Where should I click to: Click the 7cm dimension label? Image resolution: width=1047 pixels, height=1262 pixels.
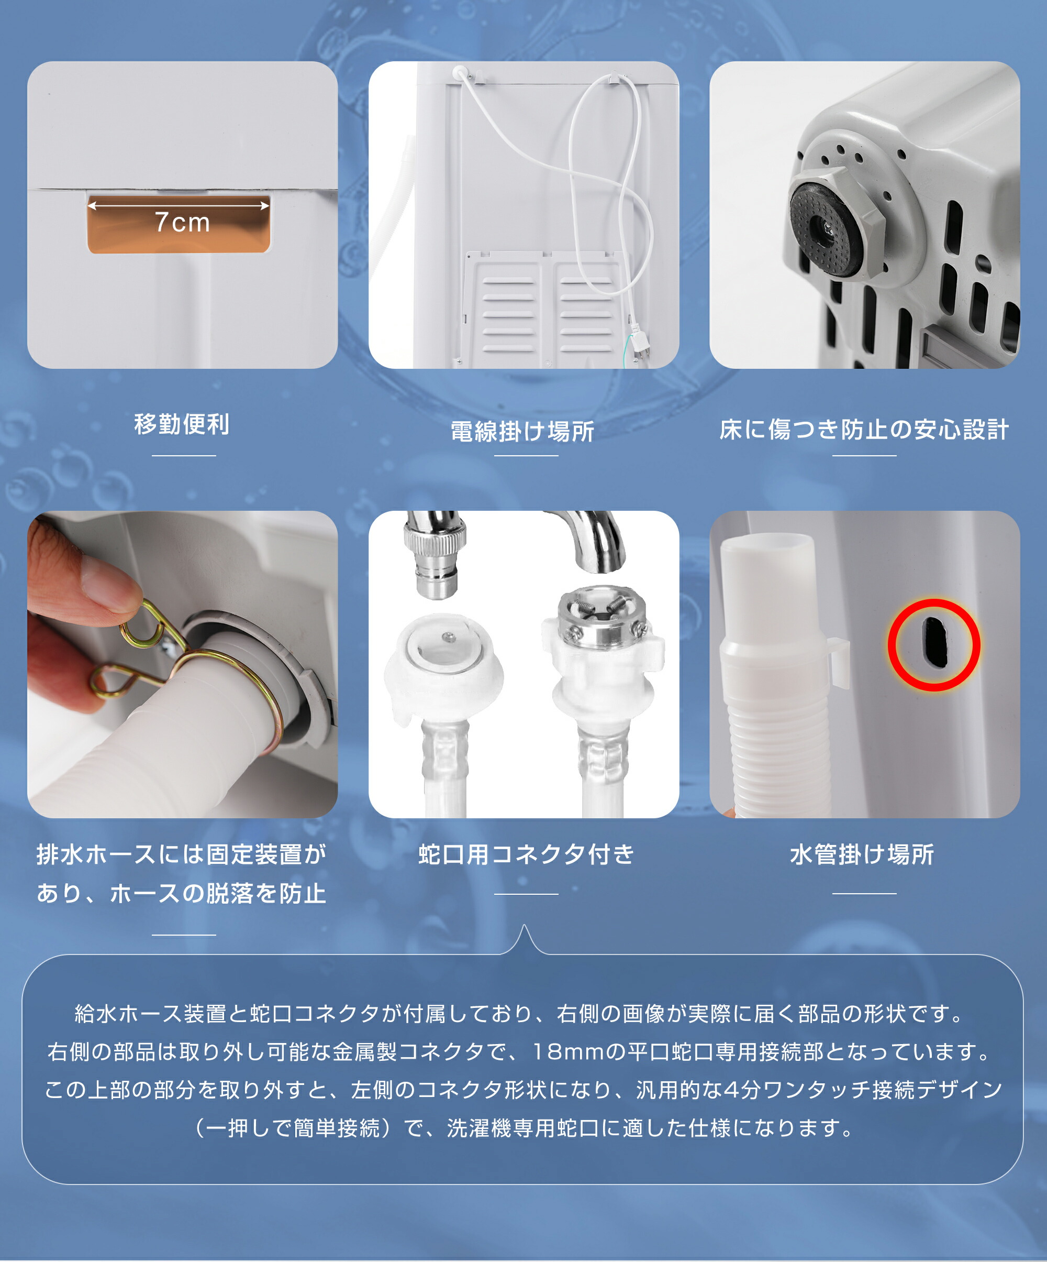182,222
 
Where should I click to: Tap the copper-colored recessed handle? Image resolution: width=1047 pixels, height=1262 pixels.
179,224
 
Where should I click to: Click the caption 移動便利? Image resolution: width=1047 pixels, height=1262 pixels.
182,424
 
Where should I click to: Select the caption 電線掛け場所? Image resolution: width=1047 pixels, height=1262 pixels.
522,432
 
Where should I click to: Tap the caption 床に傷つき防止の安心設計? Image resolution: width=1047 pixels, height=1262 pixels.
864,430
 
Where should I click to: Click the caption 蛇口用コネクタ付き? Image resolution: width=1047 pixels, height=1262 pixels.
526,854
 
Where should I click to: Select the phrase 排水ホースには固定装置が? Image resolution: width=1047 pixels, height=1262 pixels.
182,854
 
